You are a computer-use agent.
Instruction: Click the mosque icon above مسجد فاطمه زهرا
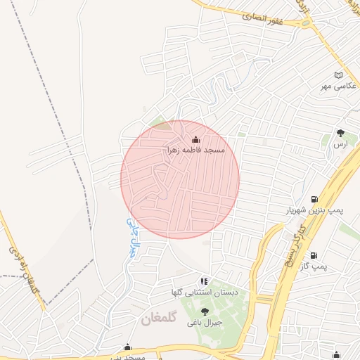point(195,140)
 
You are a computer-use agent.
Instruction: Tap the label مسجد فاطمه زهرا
point(195,150)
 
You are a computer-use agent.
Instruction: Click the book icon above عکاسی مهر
point(338,75)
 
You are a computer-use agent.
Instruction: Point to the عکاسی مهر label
point(335,85)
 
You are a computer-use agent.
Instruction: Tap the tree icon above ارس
point(341,132)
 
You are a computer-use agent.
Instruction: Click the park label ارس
point(341,143)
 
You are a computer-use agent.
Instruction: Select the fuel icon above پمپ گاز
point(313,255)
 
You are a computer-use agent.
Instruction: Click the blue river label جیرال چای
point(130,236)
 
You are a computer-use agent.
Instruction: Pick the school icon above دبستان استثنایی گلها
point(204,281)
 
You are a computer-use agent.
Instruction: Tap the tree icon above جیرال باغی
point(205,311)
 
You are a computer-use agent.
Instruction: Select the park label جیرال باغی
point(205,323)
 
